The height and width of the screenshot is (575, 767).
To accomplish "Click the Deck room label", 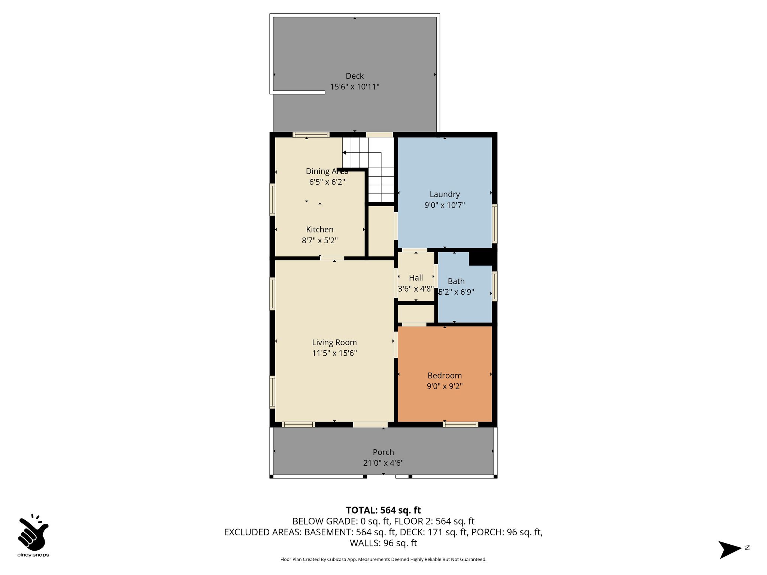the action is tap(355, 76).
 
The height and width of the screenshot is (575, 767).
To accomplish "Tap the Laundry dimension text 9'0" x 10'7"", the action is tap(445, 205).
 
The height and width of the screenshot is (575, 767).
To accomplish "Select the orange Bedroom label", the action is tap(445, 375).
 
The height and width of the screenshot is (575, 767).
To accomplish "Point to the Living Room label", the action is tap(334, 343).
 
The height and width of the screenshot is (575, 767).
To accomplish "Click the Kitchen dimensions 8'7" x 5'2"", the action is tap(320, 240).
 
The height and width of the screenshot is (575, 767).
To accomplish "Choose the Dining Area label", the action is tap(327, 171).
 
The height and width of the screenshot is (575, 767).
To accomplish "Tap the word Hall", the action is tap(416, 278).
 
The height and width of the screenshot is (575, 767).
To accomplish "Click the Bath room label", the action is tap(456, 281).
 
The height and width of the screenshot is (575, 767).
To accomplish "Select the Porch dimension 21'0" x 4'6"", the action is tap(383, 463).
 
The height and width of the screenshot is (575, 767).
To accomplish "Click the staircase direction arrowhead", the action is tap(344, 153).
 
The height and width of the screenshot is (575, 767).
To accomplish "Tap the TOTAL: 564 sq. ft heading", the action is tap(383, 510).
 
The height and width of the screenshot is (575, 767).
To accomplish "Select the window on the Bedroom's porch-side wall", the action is tap(460, 425).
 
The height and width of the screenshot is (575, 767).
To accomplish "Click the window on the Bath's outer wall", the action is tap(494, 286).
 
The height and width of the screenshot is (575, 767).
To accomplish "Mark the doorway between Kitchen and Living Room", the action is tap(332, 258).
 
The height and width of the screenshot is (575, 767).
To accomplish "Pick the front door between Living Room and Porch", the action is tap(370, 425).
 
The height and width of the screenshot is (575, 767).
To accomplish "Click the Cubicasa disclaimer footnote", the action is tap(383, 560).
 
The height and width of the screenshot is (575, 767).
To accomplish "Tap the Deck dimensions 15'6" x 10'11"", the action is tap(355, 87).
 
